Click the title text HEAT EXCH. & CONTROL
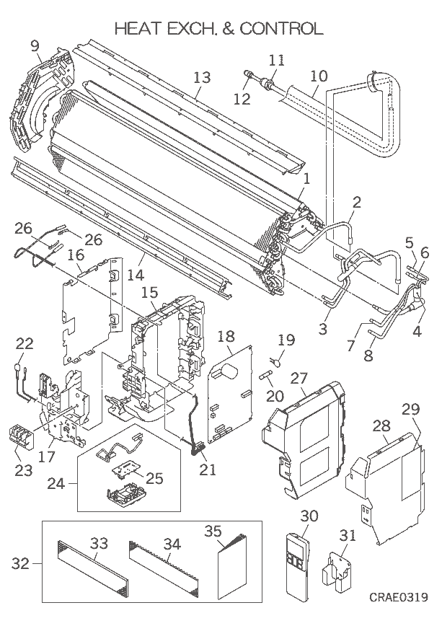click(x=219, y=28)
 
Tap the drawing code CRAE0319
click(x=399, y=597)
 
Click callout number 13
click(x=202, y=77)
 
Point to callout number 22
click(x=25, y=344)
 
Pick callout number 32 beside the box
click(x=22, y=563)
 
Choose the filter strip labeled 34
click(x=168, y=573)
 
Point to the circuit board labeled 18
click(x=230, y=397)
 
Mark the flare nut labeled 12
click(x=249, y=74)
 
